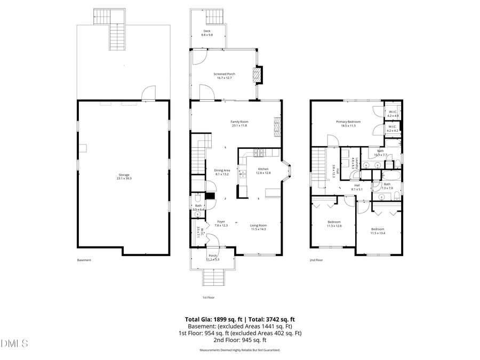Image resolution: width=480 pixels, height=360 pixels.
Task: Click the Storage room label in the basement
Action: pos(124,177)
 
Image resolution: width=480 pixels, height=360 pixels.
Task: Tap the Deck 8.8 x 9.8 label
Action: pos(207,33)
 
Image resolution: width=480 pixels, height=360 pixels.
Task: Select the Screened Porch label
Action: pos(225,76)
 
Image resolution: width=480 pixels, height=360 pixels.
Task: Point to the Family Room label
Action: pos(239,123)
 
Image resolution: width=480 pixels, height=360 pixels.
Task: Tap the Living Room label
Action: pos(258,227)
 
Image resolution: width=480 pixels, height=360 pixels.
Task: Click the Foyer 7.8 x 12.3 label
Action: pos(221,223)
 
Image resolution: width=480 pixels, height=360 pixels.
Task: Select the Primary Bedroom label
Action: pos(348,123)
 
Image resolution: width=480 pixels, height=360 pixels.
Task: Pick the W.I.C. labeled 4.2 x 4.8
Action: pos(393,114)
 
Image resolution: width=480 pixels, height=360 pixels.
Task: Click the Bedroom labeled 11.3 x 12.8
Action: pos(334,223)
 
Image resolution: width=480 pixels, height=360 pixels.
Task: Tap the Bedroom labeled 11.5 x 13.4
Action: pos(378,231)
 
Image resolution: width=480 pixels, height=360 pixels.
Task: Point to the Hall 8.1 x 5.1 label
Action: pos(357,187)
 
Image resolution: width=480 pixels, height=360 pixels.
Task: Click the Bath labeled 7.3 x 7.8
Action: pos(387,186)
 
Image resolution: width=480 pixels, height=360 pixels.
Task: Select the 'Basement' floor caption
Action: pos(84,260)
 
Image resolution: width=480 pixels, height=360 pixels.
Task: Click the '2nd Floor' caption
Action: pos(316,260)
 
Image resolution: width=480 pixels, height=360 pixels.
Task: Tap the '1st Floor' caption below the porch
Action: pos(208,297)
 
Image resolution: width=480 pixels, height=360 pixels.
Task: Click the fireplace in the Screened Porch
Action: pos(258,75)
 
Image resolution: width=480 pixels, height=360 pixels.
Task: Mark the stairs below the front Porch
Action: pos(212,277)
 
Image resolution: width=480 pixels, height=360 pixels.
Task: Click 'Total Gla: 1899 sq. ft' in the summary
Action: pos(212,319)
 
